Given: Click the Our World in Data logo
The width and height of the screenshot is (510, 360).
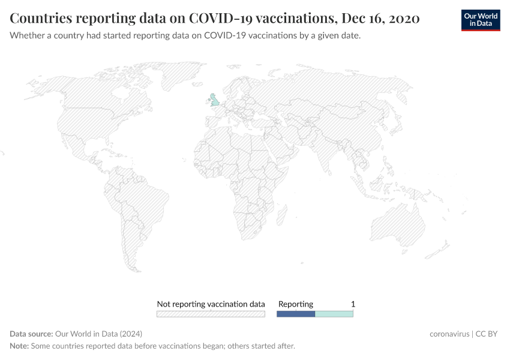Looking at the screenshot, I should (480, 20).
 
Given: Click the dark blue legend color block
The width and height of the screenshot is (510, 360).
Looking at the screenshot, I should (295, 314).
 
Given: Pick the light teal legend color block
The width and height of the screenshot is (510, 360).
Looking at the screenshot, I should (334, 314).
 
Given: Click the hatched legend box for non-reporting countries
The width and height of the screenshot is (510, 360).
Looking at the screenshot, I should (211, 314).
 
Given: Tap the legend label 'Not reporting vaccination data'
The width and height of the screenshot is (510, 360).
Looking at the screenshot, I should (211, 304).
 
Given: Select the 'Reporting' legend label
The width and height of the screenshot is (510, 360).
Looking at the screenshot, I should (295, 304).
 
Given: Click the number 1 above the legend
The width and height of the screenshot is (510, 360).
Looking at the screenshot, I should (353, 304).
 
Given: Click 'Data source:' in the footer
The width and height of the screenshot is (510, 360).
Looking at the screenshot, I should (31, 334).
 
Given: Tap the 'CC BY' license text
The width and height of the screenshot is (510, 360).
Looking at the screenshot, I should (487, 334).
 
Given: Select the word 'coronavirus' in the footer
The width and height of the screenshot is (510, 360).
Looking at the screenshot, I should (449, 334).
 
